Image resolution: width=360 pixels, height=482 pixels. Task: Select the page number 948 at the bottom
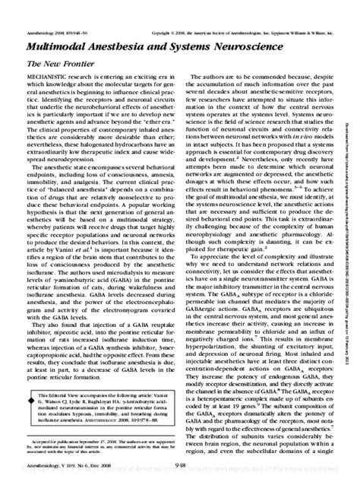pyautogui.click(x=180, y=469)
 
